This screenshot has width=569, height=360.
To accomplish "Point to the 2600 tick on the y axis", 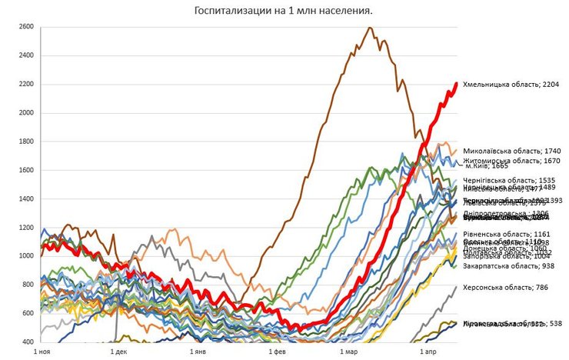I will [x=25, y=27].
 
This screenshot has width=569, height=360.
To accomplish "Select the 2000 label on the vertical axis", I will [x=25, y=113].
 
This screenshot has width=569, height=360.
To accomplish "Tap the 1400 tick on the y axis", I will [x=25, y=199].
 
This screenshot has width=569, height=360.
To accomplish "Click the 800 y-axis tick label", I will [x=26, y=285].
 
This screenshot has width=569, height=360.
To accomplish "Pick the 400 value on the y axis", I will [x=26, y=342].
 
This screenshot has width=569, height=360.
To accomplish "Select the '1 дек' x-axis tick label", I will [x=118, y=352].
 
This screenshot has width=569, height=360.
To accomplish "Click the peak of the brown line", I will [x=370, y=28].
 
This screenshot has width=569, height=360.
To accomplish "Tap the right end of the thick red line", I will [x=457, y=84].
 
